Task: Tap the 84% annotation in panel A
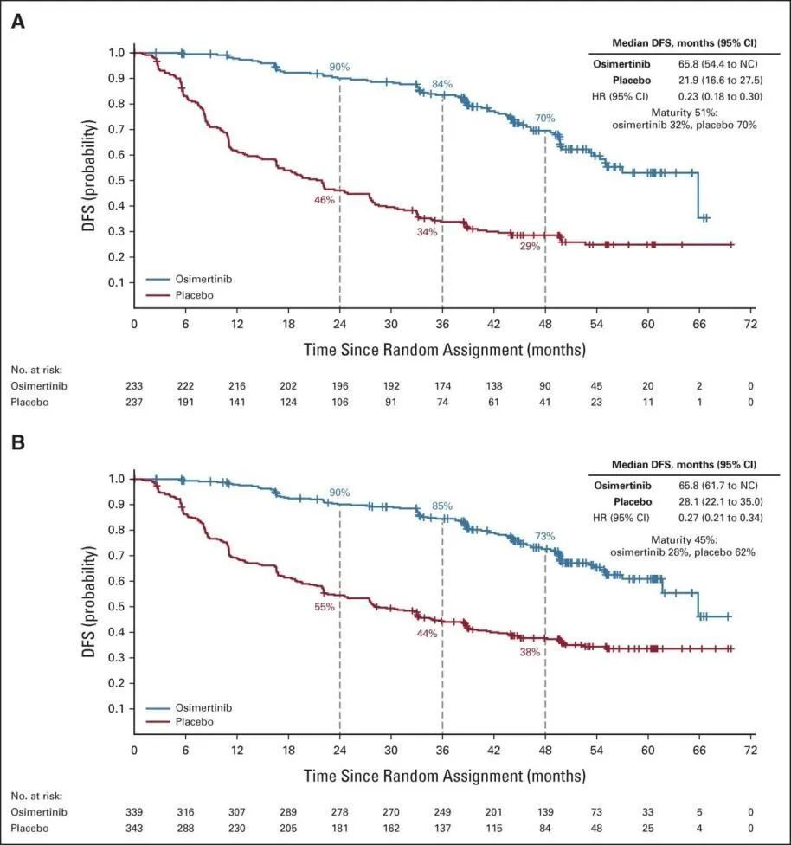tap(442, 84)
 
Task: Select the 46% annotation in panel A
tap(324, 200)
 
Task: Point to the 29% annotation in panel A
tap(530, 246)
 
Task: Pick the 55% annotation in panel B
tap(324, 607)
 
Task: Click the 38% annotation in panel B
tap(530, 652)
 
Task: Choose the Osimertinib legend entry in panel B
tap(196, 706)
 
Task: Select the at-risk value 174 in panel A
tap(442, 385)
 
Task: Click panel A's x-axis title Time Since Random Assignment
tap(443, 350)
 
